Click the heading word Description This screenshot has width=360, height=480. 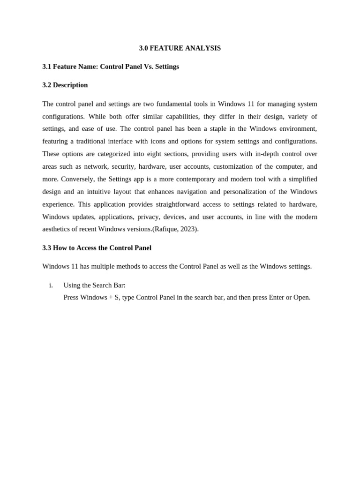[70, 85]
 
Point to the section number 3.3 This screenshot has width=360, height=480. [47, 247]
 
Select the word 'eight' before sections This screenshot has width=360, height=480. [154, 154]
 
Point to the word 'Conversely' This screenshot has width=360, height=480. [77, 179]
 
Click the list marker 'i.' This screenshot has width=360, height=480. [51, 285]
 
